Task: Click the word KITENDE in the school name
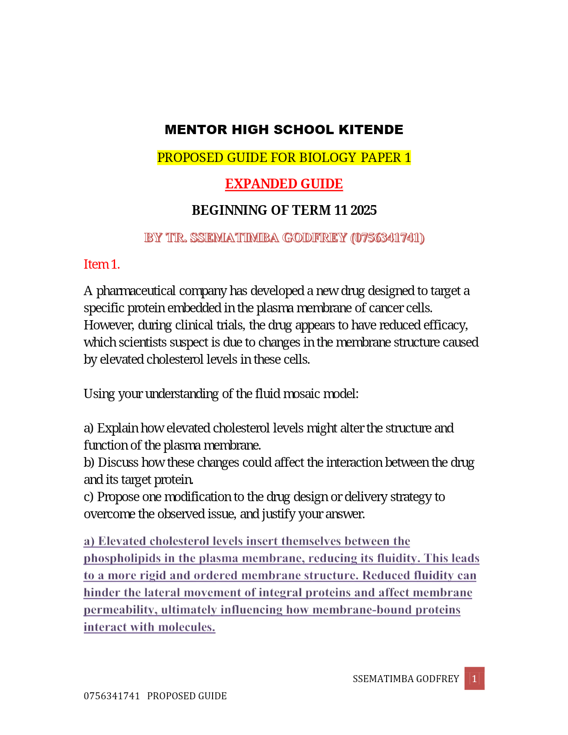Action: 371,129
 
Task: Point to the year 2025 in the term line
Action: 363,210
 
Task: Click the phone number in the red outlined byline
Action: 387,238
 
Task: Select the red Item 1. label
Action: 102,264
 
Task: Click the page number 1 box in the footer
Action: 474,679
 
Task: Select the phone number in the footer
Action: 111,696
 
